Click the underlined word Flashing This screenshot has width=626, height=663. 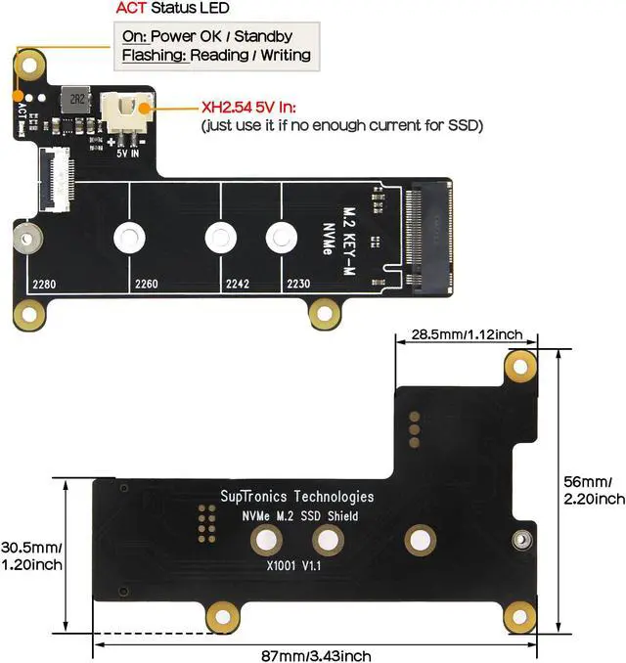coord(153,56)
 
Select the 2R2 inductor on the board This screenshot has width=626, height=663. coord(75,102)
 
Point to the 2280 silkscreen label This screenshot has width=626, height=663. coord(45,285)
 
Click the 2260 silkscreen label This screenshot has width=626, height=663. coord(146,285)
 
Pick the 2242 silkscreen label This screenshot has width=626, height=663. coord(239,285)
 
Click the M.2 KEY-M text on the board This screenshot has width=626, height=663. coord(346,236)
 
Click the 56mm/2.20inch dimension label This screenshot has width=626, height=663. coord(594,490)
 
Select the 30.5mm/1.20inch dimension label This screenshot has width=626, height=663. coord(31,555)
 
